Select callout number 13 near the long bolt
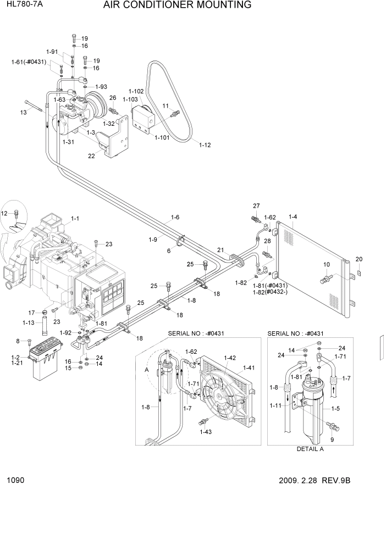23,112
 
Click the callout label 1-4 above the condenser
292,216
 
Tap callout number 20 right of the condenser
359,259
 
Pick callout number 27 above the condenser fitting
256,206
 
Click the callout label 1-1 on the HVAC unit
75,218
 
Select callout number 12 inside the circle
5,213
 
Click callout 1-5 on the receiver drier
335,409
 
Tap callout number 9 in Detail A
332,439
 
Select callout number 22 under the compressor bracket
91,156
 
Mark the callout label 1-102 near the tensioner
136,91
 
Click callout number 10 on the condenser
326,265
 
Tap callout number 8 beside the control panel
18,341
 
